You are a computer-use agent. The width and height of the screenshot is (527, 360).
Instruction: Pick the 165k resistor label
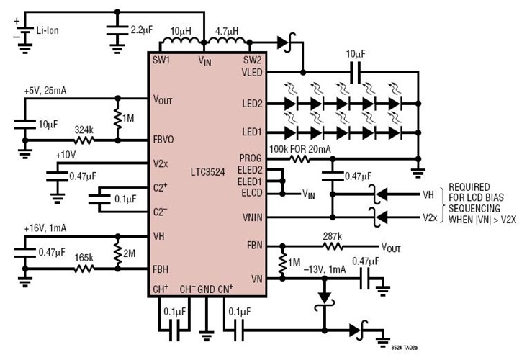click(x=86, y=256)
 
